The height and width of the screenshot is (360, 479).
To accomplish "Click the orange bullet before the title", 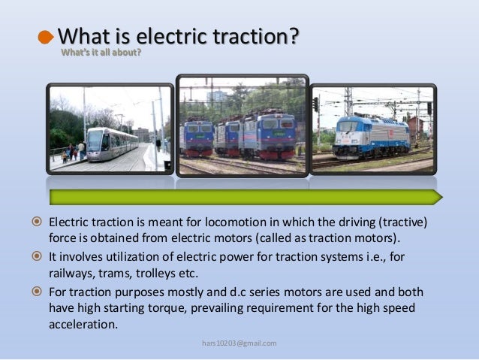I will [47, 38].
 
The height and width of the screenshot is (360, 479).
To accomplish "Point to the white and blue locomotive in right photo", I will [371, 135].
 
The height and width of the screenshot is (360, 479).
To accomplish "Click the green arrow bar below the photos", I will [245, 198].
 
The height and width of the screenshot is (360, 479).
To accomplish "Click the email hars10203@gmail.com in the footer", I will [239, 343].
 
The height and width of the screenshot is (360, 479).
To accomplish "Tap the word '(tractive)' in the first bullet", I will [408, 225].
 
